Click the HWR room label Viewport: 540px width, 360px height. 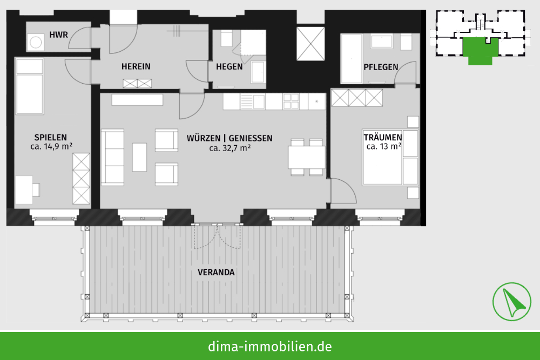pyautogui.click(x=58, y=35)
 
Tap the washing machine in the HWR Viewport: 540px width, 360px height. pyautogui.click(x=36, y=42)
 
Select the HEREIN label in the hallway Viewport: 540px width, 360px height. pyautogui.click(x=136, y=66)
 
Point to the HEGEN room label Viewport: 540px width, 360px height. pyautogui.click(x=229, y=67)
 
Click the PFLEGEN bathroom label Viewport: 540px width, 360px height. pyautogui.click(x=381, y=67)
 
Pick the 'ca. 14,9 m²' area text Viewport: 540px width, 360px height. pyautogui.click(x=51, y=147)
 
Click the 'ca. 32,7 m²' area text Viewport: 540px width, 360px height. pyautogui.click(x=230, y=148)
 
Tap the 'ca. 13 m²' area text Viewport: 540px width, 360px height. pyautogui.click(x=383, y=147)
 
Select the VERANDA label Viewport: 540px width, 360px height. pyautogui.click(x=216, y=272)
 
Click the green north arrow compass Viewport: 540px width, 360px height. pyautogui.click(x=511, y=302)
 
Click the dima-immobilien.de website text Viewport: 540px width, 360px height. pyautogui.click(x=269, y=347)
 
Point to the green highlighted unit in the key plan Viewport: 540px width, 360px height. pyautogui.click(x=480, y=50)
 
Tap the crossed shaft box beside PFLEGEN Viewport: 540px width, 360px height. pyautogui.click(x=310, y=44)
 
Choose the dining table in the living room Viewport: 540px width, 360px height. pyautogui.click(x=307, y=157)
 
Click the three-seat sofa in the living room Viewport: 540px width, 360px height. pyautogui.click(x=113, y=157)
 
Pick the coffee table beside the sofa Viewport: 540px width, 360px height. pyautogui.click(x=139, y=157)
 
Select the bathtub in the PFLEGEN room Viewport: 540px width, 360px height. pyautogui.click(x=352, y=58)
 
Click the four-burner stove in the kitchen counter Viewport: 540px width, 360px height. pyautogui.click(x=291, y=101)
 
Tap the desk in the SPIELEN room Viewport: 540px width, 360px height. pyautogui.click(x=24, y=189)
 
